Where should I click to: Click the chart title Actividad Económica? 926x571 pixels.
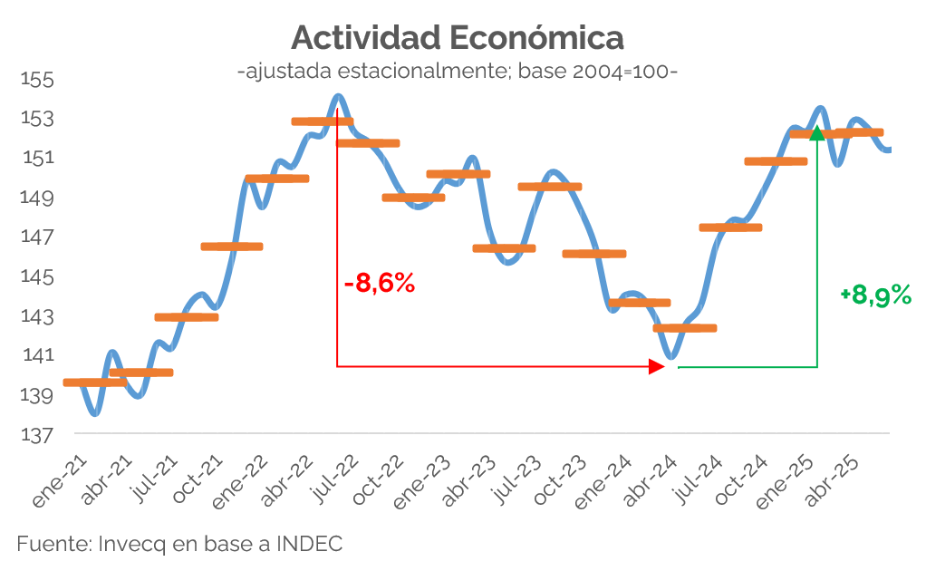(458, 38)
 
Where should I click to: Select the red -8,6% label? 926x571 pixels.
(380, 284)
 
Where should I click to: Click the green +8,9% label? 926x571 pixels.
(875, 295)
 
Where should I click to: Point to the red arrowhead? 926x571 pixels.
(657, 366)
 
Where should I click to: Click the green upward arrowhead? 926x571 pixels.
(817, 133)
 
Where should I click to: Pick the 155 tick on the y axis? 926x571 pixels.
(38, 80)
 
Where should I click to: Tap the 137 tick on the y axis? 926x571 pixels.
(38, 436)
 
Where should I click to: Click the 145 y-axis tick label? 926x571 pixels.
(38, 276)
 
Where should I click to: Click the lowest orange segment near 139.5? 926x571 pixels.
(95, 382)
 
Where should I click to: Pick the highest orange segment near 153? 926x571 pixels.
(322, 121)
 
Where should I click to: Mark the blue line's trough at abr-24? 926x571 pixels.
(670, 357)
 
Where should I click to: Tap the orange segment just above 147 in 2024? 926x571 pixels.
(730, 227)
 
